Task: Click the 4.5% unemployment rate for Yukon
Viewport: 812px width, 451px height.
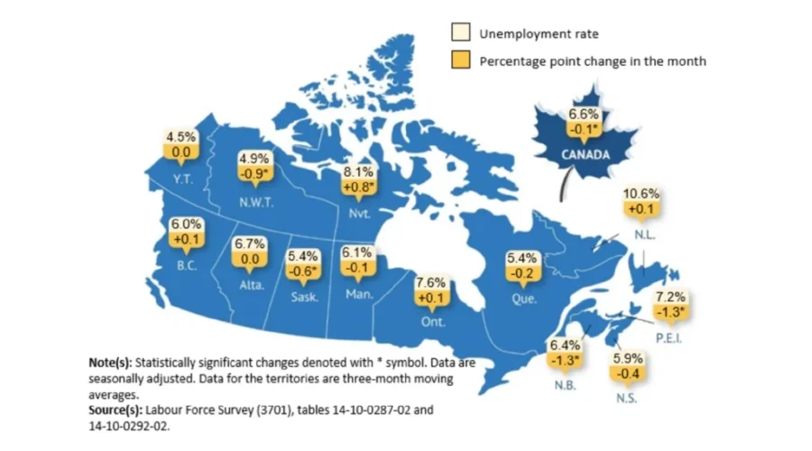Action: pyautogui.click(x=180, y=137)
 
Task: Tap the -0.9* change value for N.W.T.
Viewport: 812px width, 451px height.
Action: pyautogui.click(x=254, y=172)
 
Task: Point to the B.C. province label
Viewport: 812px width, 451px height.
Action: pyautogui.click(x=188, y=267)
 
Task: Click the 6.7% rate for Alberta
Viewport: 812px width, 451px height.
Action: pyautogui.click(x=249, y=244)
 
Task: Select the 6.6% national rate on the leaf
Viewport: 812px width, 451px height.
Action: pyautogui.click(x=584, y=115)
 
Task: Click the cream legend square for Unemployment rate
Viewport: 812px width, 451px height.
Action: pyautogui.click(x=460, y=34)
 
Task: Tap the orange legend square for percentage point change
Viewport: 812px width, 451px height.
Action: pyautogui.click(x=460, y=61)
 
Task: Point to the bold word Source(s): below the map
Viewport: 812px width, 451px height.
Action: pyautogui.click(x=116, y=409)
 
